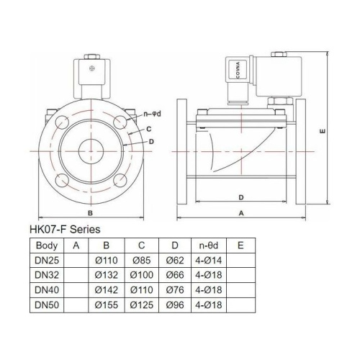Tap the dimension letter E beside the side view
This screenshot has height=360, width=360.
coord(323,132)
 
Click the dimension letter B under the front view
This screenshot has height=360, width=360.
coord(89,213)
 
